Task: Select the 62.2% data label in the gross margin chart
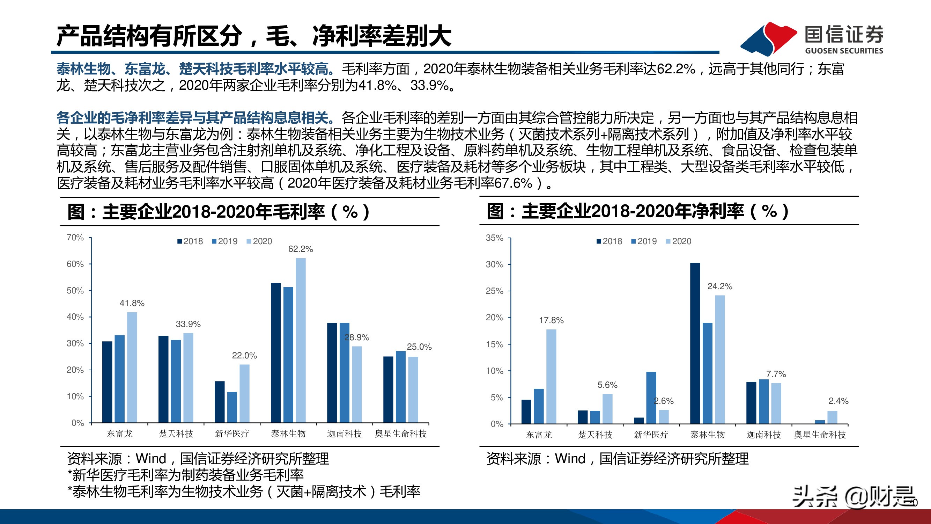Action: point(300,249)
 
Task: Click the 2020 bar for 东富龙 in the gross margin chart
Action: point(132,367)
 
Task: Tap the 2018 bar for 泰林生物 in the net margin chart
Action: point(695,343)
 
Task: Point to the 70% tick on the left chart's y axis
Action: point(75,238)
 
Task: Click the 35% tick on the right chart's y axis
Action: point(494,238)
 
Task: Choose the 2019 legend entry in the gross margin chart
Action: point(224,241)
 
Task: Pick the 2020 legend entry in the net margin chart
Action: point(678,241)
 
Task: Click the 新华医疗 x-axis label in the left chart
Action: point(232,434)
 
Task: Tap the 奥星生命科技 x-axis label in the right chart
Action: point(820,434)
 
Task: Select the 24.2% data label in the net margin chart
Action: point(719,286)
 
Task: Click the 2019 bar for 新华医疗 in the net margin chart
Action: point(651,398)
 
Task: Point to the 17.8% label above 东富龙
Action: point(551,320)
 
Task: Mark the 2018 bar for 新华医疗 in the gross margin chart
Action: point(219,402)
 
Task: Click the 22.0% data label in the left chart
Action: point(244,356)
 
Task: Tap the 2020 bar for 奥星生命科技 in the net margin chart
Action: point(832,417)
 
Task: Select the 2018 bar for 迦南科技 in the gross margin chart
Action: point(332,372)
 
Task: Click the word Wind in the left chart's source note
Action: point(151,459)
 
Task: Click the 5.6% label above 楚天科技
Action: point(607,385)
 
